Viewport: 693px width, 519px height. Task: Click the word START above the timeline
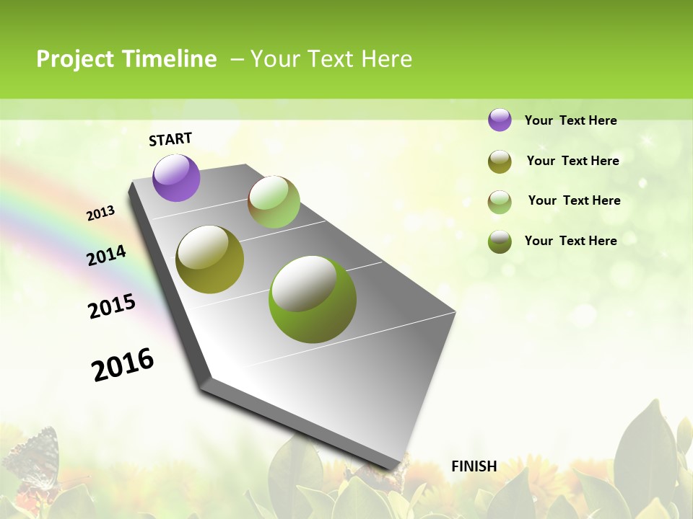(x=170, y=139)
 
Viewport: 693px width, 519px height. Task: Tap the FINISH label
(x=474, y=466)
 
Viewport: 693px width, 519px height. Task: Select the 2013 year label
(x=101, y=213)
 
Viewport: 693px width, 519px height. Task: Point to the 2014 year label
(x=107, y=255)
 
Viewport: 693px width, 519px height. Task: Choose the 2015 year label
(x=112, y=306)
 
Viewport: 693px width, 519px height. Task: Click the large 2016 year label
(x=123, y=365)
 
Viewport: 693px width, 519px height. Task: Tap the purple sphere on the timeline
(x=176, y=177)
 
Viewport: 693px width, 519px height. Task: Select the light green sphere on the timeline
(x=274, y=202)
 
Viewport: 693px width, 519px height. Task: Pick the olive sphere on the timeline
(x=210, y=259)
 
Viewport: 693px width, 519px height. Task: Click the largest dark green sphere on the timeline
(x=313, y=299)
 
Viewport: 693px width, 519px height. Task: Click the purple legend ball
(x=500, y=120)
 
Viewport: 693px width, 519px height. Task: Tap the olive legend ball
(x=500, y=161)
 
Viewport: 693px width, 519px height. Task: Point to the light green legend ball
(x=500, y=202)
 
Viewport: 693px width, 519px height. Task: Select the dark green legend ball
(x=500, y=241)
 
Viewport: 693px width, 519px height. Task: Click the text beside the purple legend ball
(x=570, y=121)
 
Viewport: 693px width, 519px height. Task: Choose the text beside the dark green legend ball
(x=570, y=241)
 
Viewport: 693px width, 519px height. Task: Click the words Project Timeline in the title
(x=126, y=59)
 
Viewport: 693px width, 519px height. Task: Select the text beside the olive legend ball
(x=572, y=161)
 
